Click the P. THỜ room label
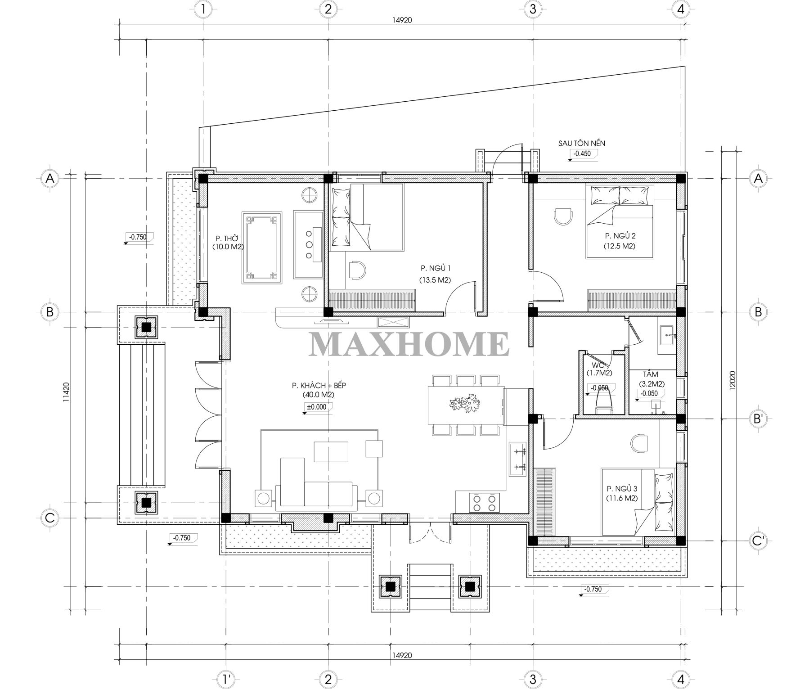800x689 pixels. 227,238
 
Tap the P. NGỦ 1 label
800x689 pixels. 436,268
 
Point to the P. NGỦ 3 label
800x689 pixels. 622,488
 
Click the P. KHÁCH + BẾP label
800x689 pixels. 319,386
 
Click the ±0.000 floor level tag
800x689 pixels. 317,407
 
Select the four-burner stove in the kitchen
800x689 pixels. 484,502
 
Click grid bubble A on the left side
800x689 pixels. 50,178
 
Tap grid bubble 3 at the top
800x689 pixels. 532,9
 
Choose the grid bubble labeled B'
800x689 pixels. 758,419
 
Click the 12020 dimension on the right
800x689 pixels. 732,382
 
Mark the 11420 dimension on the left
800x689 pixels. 66,392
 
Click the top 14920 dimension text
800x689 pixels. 401,20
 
